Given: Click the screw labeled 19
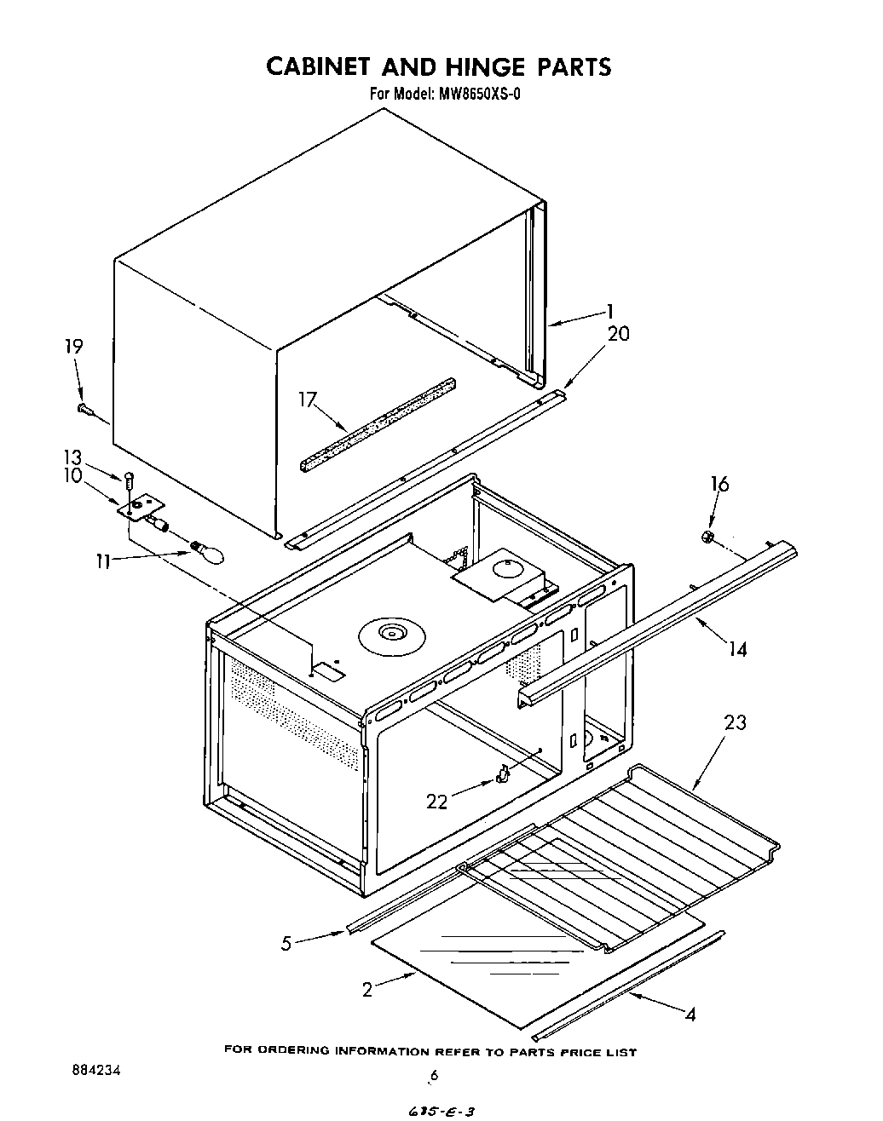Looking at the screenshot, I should (85, 410).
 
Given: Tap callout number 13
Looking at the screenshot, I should (73, 457).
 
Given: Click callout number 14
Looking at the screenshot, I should (737, 649).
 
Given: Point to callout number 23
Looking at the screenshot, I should (735, 723).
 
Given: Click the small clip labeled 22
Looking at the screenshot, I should (503, 773).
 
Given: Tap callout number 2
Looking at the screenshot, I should (366, 990).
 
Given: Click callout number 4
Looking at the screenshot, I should (690, 1014).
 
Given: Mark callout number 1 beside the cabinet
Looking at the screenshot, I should (609, 312).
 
